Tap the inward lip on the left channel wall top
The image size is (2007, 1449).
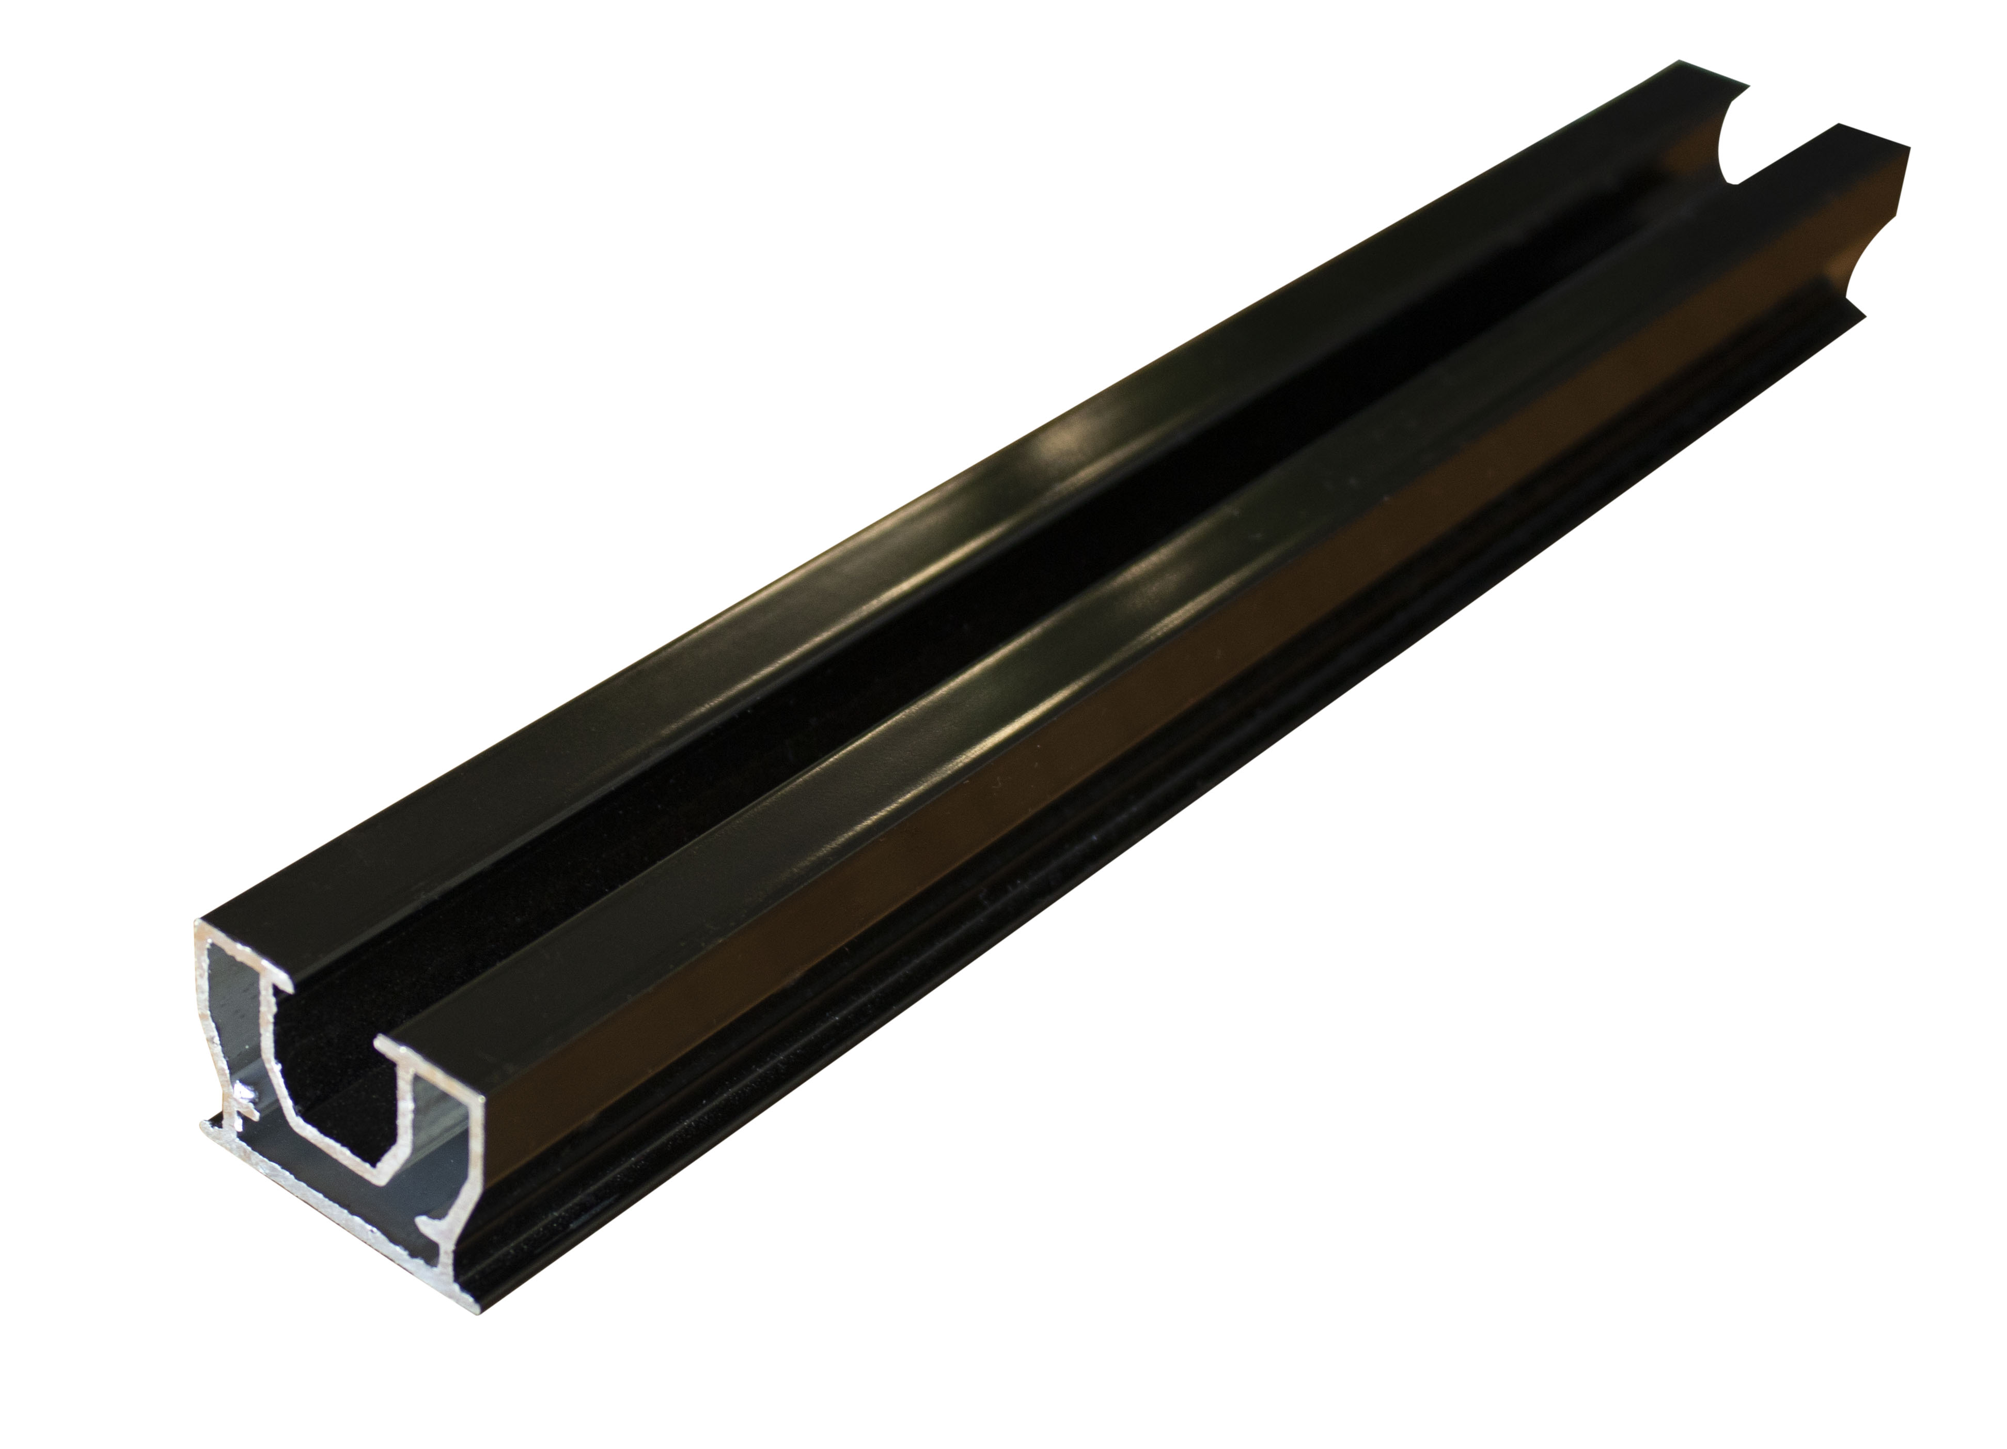click(281, 981)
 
